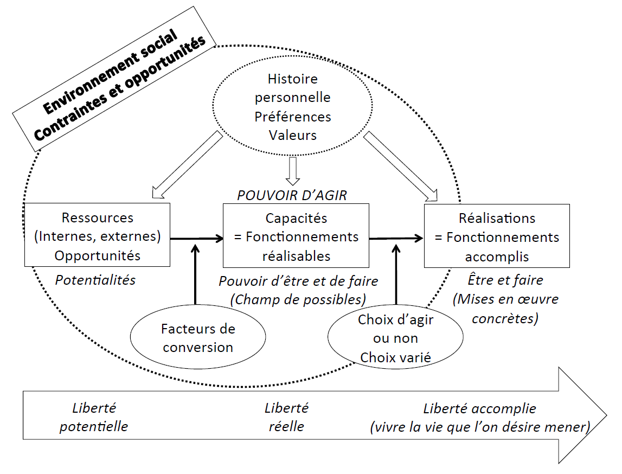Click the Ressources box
pos(98,236)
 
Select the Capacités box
pos(296,236)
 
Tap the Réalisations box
pos(497,236)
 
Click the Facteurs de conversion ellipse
pos(198,338)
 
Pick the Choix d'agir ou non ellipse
pos(395,338)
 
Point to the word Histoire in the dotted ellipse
pos(293,79)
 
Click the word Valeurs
pos(293,135)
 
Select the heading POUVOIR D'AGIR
pos(292,195)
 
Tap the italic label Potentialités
pos(95,280)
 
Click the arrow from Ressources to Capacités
pos(196,238)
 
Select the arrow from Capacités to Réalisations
pos(396,238)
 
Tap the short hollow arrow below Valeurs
pos(293,169)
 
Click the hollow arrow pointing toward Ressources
pos(187,165)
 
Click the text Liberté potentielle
pos(94,417)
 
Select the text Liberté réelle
pos(286,417)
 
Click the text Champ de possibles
pos(298,299)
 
